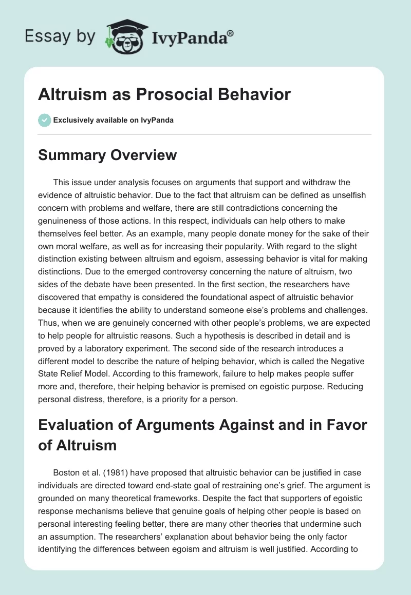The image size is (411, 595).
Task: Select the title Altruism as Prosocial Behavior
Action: pos(164,94)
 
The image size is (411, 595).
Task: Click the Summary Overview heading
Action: pos(107,155)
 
